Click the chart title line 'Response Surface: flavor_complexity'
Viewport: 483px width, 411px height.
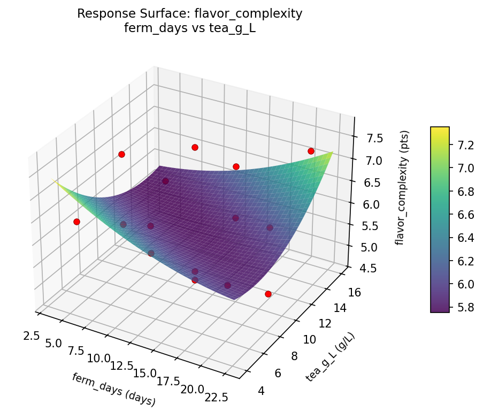[189, 14]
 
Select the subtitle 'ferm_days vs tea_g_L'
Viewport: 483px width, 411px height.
[189, 28]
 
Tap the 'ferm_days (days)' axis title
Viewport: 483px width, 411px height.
[113, 389]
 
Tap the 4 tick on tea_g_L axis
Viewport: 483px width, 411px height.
[261, 391]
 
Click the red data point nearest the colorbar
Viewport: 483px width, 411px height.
[311, 151]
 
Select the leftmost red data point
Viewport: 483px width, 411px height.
[76, 222]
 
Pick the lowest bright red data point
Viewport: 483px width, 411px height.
[268, 294]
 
